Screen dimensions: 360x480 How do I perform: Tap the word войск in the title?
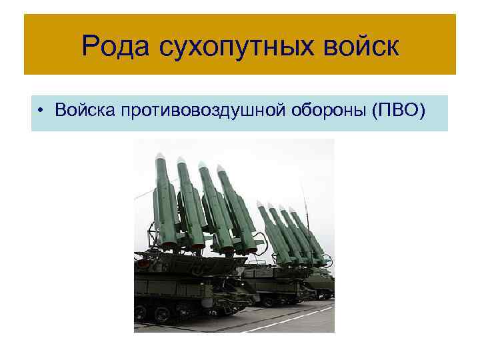[x=360, y=46]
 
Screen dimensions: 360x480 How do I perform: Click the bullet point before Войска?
[x=41, y=111]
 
